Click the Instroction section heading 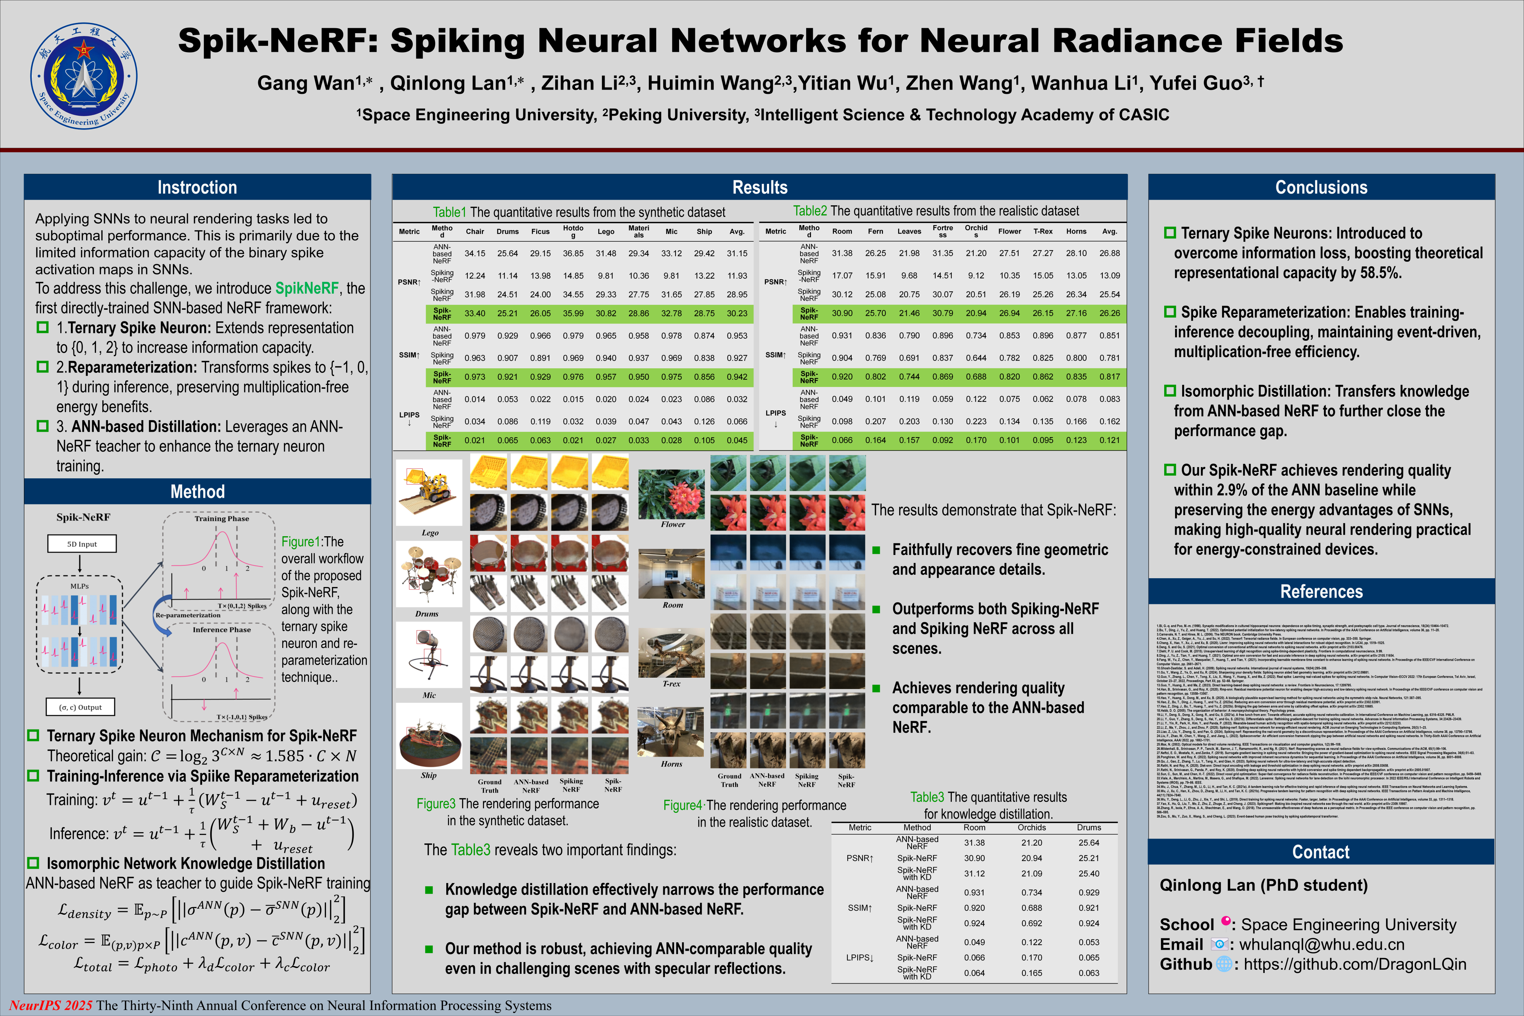[x=197, y=187]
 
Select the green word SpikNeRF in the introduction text [x=307, y=288]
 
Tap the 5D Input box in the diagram [x=81, y=544]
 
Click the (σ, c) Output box [x=80, y=707]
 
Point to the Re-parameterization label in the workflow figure [x=188, y=615]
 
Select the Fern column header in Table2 [x=875, y=231]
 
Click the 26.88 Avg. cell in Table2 [x=1109, y=253]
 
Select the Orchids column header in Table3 [x=1032, y=828]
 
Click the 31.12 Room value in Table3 [x=974, y=873]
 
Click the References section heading [x=1321, y=592]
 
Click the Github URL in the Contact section [x=1354, y=964]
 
